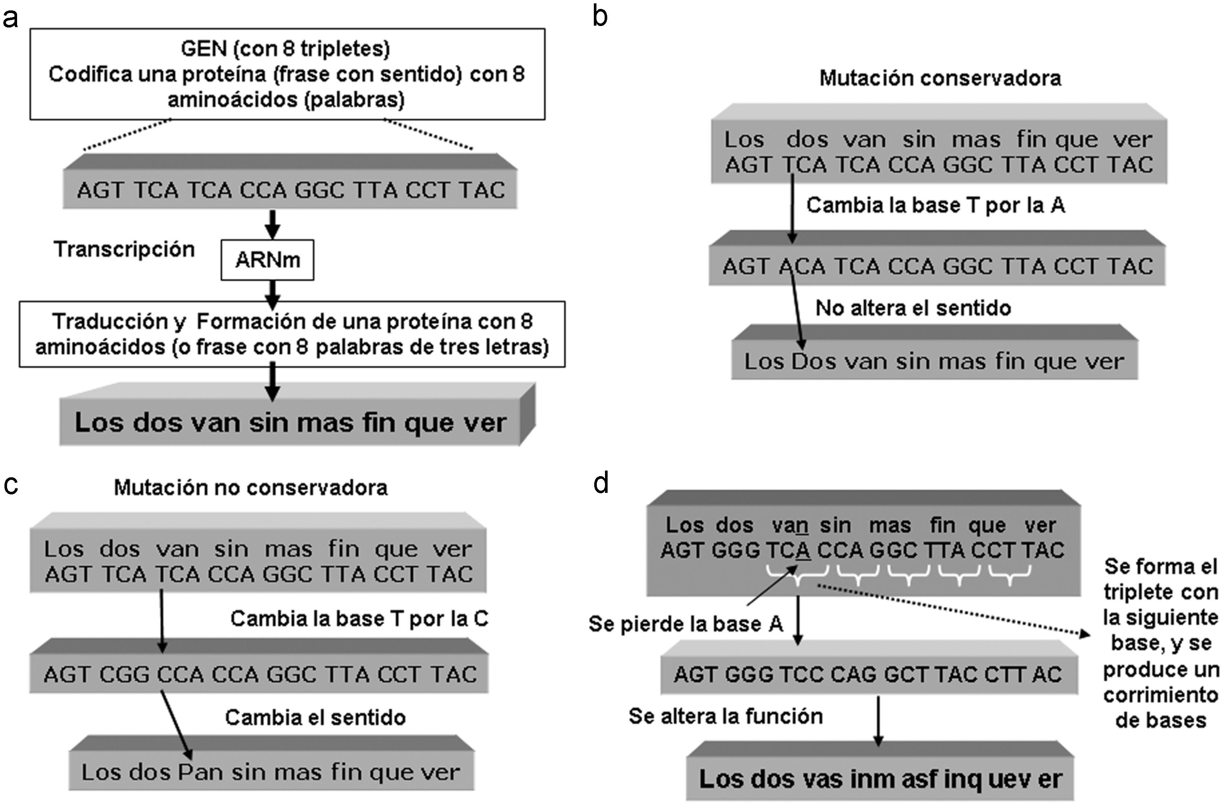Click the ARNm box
tap(267, 260)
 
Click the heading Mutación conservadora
tap(940, 78)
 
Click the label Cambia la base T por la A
tap(935, 205)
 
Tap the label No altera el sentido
tap(913, 308)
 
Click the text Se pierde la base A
tap(686, 624)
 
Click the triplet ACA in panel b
tap(802, 266)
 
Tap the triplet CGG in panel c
tap(124, 674)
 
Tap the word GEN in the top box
tap(204, 49)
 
